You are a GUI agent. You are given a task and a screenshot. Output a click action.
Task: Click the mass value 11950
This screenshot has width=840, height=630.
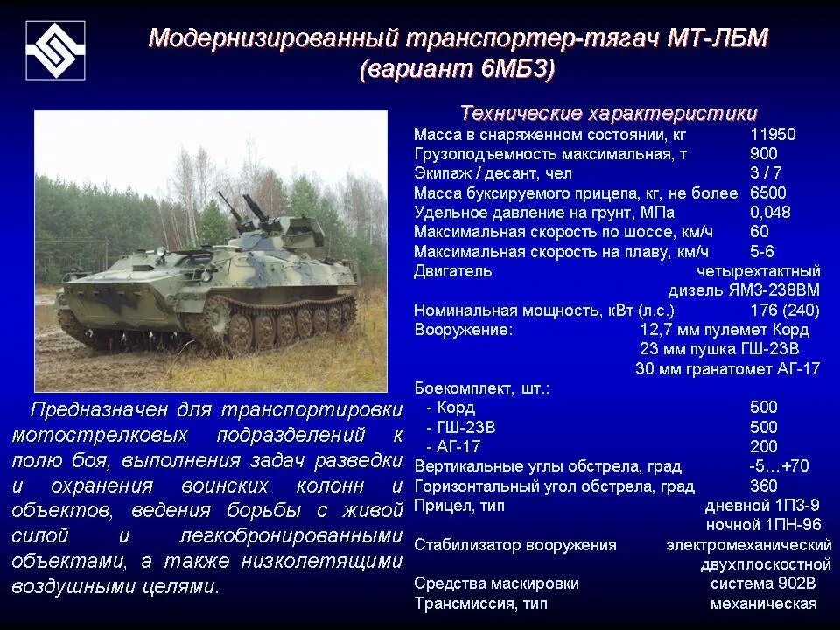(773, 136)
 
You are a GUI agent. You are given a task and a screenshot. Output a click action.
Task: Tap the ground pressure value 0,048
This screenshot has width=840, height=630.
(770, 213)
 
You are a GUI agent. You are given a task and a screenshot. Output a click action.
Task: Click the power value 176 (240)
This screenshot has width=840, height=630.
(785, 311)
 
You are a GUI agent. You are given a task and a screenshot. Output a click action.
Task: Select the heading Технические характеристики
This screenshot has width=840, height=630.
(609, 114)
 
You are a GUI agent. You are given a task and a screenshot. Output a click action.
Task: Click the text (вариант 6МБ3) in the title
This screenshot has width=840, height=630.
(457, 71)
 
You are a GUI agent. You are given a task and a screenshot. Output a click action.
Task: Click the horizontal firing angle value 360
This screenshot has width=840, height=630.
(763, 486)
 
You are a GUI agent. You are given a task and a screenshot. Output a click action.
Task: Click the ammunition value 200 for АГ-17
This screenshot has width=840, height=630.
(763, 446)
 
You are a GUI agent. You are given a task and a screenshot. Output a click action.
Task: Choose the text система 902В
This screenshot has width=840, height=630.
(764, 584)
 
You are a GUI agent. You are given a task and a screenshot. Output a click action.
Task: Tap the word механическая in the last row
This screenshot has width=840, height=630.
(763, 604)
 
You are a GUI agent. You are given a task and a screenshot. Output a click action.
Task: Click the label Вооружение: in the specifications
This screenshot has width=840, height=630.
(463, 330)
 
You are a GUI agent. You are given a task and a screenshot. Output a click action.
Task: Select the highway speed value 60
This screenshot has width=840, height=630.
(759, 232)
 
